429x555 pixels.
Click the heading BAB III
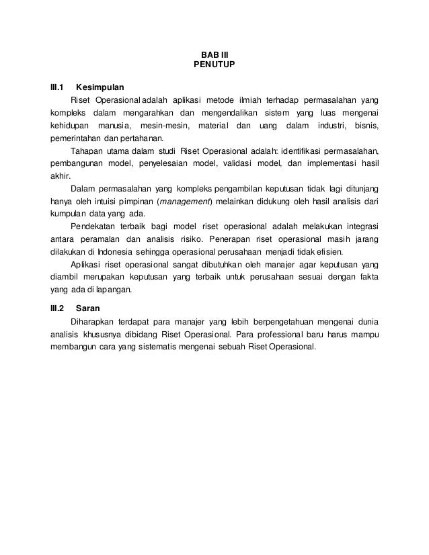click(x=214, y=54)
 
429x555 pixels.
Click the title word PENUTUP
click(x=214, y=66)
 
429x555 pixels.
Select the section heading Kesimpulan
click(x=100, y=87)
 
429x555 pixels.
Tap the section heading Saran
click(x=87, y=309)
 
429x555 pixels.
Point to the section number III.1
click(x=57, y=87)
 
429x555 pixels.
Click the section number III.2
click(x=57, y=309)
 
